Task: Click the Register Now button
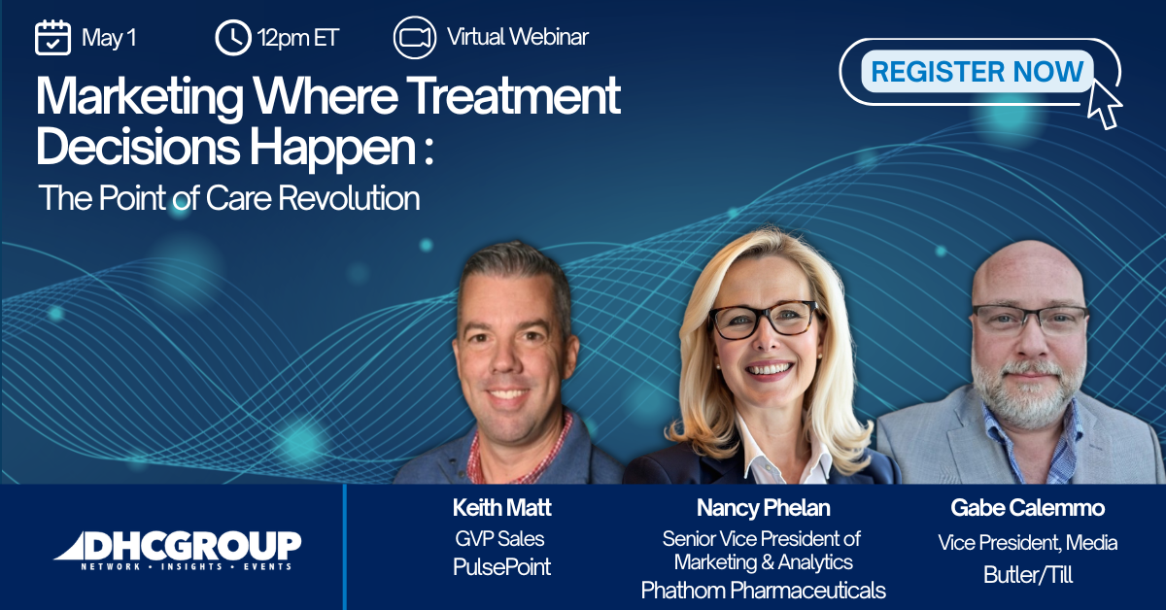977,71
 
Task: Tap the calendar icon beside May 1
52,37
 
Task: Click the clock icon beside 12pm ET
232,38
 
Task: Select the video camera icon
414,38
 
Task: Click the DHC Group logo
178,551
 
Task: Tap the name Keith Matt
501,507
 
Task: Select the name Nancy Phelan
764,507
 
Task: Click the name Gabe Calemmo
1028,507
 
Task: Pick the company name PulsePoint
501,567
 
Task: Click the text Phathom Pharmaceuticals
764,591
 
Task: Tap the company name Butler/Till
1028,575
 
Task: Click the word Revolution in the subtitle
349,198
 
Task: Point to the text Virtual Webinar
518,37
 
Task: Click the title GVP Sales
499,539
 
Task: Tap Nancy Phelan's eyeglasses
763,319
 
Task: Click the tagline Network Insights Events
187,566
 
